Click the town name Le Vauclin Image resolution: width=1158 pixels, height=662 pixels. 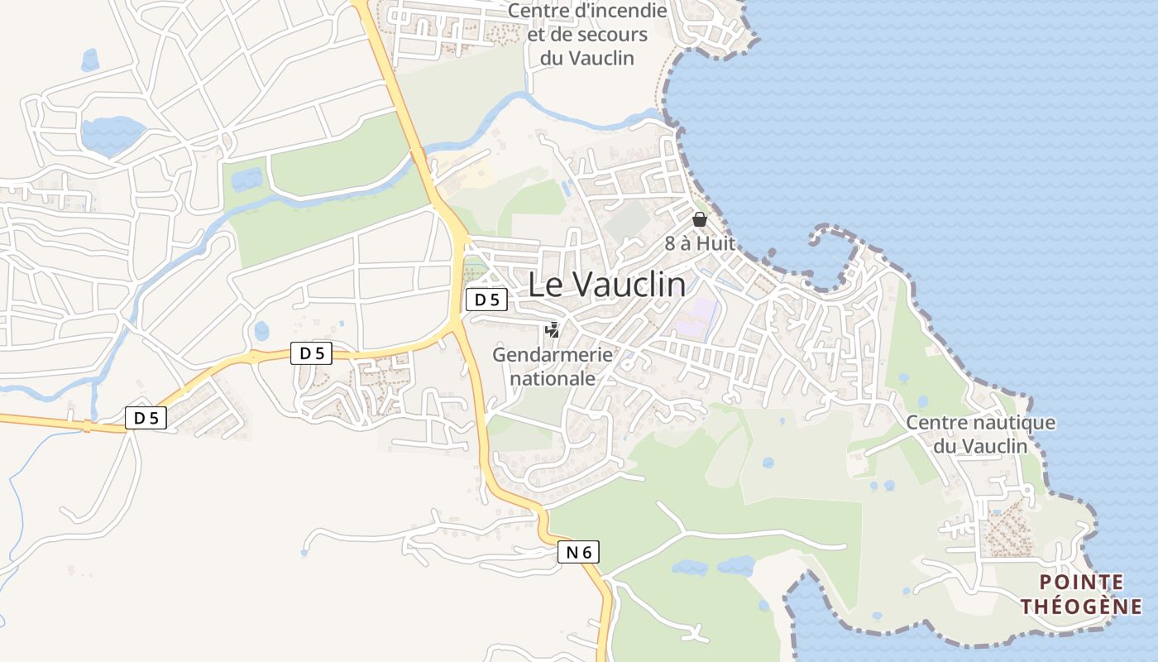[606, 285]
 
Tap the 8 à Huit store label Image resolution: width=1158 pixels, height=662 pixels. [700, 243]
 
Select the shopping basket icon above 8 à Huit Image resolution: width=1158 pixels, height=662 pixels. [700, 219]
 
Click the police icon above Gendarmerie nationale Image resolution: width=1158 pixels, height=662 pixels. [552, 330]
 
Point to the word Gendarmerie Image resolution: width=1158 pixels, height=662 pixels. [553, 355]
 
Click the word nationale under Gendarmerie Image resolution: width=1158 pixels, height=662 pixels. [553, 378]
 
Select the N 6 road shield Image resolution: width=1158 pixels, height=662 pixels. [577, 552]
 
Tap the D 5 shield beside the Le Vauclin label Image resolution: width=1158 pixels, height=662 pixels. [486, 300]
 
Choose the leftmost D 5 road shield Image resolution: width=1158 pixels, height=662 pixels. [146, 418]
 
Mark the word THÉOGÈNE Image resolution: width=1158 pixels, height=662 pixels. [1081, 607]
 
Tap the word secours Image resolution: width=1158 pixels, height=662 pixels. [613, 35]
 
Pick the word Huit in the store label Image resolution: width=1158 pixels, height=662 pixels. [716, 243]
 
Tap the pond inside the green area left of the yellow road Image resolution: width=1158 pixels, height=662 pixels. [246, 178]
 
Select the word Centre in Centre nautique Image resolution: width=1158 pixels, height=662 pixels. [935, 423]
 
